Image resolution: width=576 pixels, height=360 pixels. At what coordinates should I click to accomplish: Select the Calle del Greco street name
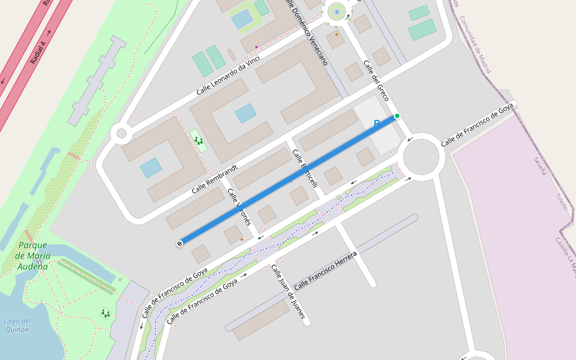click(376, 80)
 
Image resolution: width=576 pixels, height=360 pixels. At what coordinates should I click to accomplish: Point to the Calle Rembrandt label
click(215, 179)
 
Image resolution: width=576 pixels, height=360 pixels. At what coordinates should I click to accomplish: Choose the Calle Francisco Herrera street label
click(325, 271)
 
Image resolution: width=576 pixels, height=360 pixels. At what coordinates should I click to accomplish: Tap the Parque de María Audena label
click(32, 256)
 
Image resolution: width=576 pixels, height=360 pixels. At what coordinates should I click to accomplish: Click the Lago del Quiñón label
click(17, 325)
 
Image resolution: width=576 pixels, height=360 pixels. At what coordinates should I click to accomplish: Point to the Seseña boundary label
click(540, 166)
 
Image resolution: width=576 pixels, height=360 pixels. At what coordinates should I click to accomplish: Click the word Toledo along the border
click(561, 201)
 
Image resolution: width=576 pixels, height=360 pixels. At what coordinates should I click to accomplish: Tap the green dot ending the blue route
click(397, 116)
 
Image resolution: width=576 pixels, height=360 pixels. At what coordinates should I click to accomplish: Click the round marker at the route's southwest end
click(179, 244)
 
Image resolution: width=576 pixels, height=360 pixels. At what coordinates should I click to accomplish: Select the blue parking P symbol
click(377, 124)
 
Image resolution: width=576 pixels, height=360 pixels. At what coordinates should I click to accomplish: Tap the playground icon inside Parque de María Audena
click(106, 313)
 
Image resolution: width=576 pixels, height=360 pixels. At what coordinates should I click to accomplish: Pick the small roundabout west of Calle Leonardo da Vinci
click(122, 133)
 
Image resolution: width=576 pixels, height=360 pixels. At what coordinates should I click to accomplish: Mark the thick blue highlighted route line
click(288, 180)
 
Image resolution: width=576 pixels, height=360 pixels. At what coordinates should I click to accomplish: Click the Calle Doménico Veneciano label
click(308, 32)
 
